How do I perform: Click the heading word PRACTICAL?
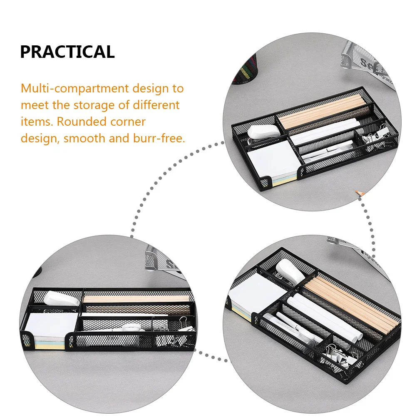[67, 52]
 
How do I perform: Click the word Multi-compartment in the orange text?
[75, 88]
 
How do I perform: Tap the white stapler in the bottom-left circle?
[60, 298]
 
